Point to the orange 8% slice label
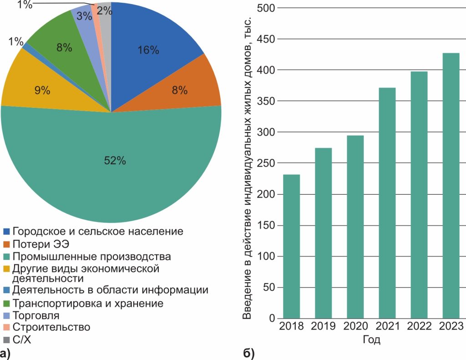pyautogui.click(x=179, y=90)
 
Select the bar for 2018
pyautogui.click(x=291, y=246)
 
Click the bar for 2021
pyautogui.click(x=387, y=203)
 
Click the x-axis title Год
pyautogui.click(x=371, y=340)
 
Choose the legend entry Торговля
pyautogui.click(x=36, y=315)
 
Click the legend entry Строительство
pyautogui.click(x=51, y=327)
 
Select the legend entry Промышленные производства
pyautogui.click(x=91, y=256)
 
